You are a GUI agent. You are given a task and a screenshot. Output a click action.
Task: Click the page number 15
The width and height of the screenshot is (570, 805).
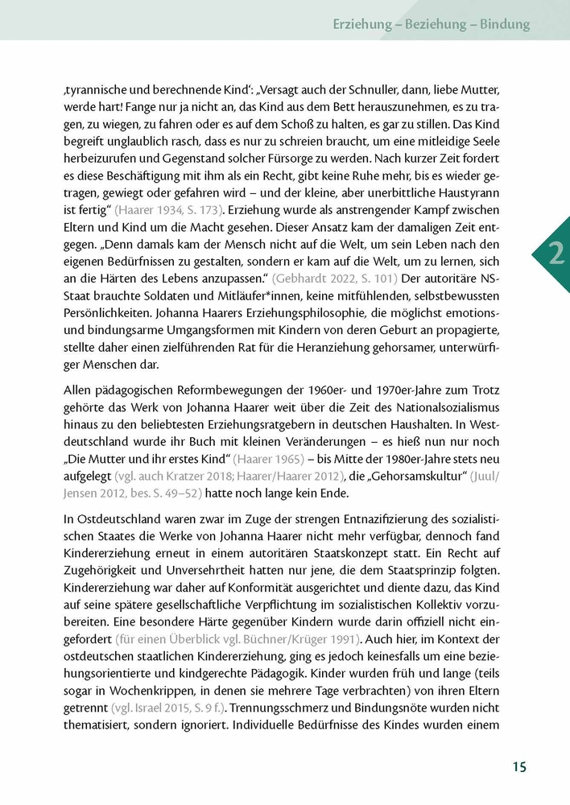coord(519,766)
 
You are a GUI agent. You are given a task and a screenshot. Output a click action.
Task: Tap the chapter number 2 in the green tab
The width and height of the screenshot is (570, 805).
coord(556,256)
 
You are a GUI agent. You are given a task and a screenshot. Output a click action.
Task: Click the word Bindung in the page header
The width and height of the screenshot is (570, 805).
coord(505,24)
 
